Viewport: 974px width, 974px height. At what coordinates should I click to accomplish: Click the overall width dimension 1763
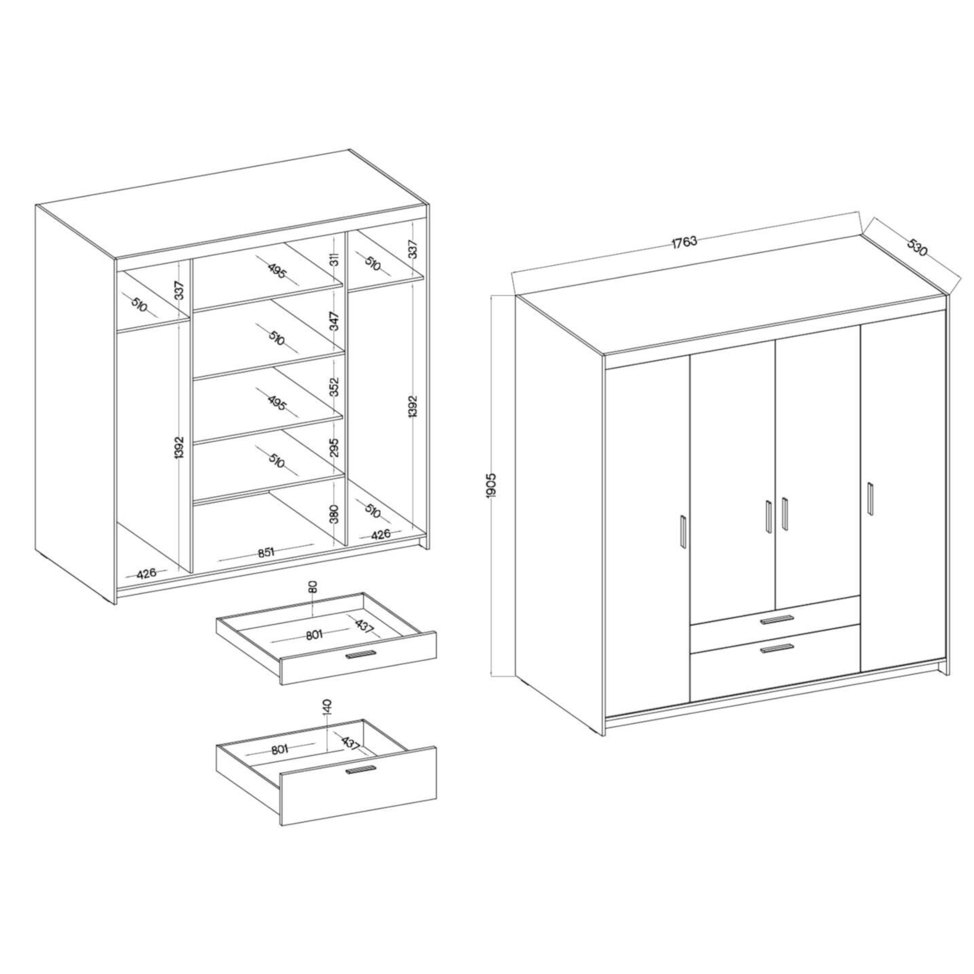[x=684, y=242]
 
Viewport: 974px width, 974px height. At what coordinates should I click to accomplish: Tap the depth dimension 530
[x=917, y=246]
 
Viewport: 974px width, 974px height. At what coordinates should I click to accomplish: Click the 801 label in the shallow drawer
[x=314, y=635]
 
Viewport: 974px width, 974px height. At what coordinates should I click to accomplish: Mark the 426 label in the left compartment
[x=146, y=573]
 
